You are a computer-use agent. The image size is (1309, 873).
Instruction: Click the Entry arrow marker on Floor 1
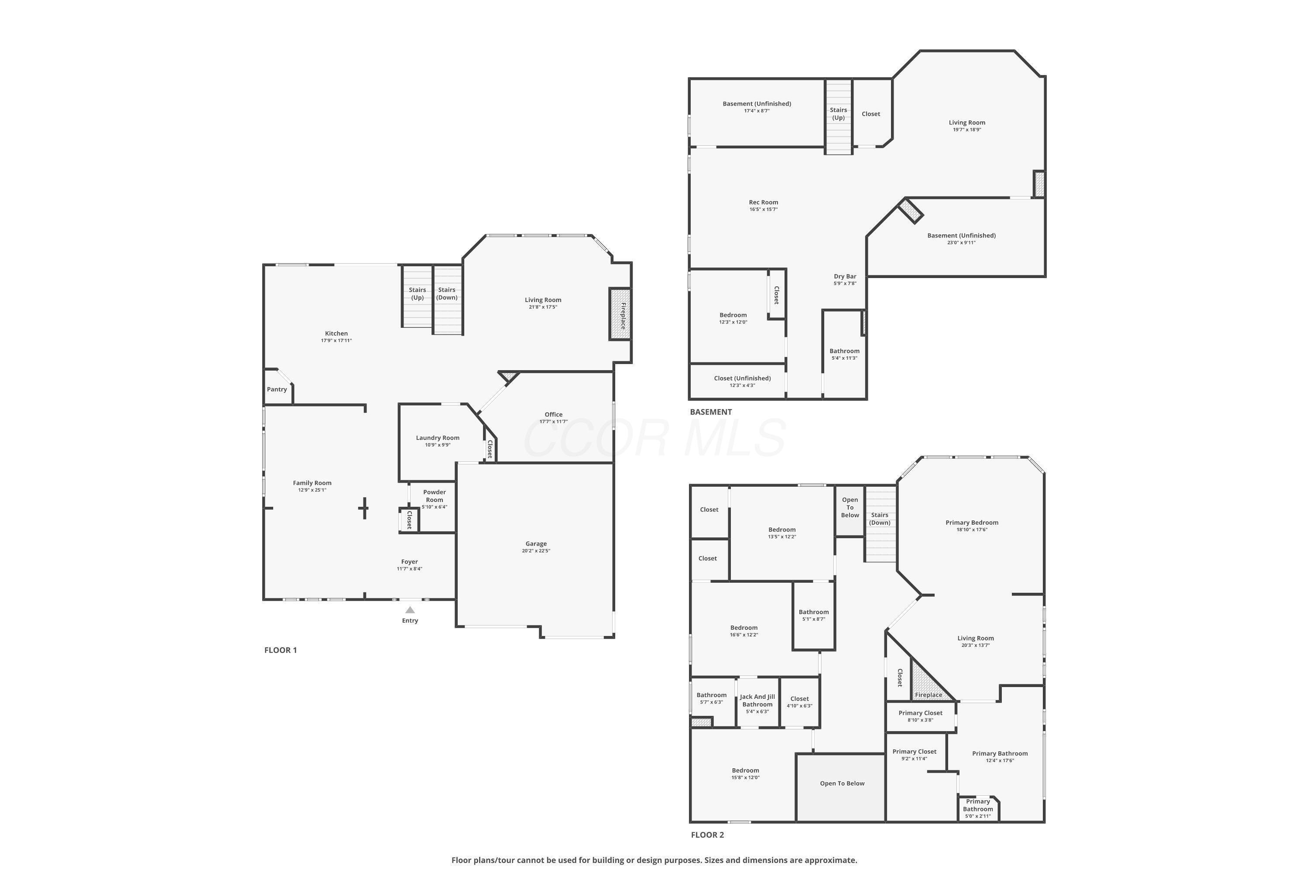pos(410,610)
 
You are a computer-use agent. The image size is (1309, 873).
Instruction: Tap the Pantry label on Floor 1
pos(277,389)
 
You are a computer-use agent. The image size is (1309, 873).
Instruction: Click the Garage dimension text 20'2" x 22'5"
pos(536,550)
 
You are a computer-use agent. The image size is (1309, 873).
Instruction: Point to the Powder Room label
pos(434,495)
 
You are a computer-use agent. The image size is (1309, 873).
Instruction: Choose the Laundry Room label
pos(438,438)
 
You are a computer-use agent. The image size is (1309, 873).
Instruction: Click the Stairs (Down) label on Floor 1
pos(446,293)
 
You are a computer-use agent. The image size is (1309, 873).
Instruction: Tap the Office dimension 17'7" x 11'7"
pos(553,422)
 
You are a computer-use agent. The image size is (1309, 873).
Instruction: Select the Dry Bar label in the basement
pos(844,276)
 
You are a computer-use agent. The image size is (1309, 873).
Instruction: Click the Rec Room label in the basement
pos(763,202)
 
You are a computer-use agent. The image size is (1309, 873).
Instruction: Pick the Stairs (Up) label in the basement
pos(838,113)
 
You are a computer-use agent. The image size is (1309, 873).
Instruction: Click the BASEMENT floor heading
pos(711,412)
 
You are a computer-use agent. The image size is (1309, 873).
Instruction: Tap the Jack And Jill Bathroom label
pos(757,701)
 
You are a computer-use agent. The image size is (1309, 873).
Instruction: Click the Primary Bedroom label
pos(971,522)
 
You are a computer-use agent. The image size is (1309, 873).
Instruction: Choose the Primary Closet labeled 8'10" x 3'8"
pos(920,716)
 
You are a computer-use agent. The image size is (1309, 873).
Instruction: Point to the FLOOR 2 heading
pos(707,835)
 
